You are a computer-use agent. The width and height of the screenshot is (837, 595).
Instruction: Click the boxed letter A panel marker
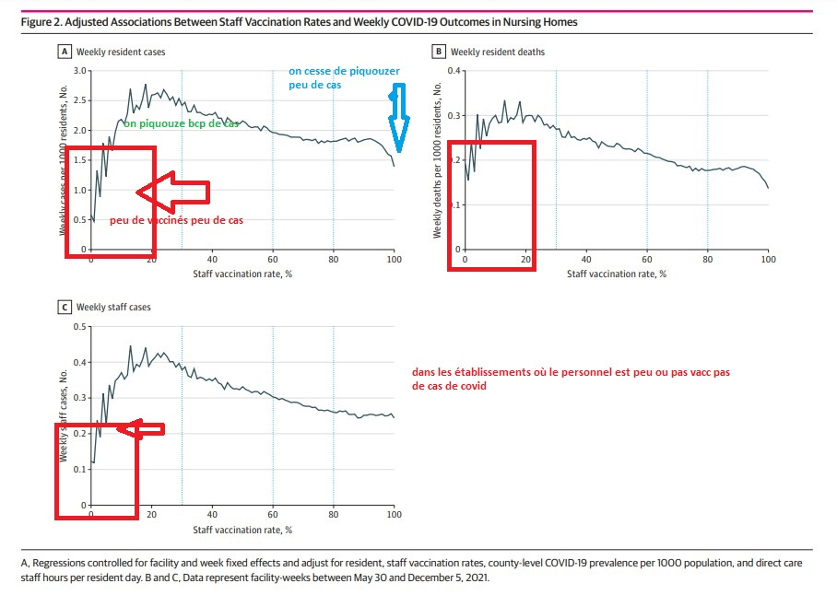65,52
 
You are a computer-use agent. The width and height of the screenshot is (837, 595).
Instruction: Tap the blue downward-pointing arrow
397,120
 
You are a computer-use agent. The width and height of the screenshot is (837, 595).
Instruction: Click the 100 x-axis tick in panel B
767,260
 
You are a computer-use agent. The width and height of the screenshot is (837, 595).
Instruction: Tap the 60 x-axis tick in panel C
273,516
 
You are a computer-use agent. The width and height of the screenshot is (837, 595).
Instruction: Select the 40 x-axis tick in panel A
212,260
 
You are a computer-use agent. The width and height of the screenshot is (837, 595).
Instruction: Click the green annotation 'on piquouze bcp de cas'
181,123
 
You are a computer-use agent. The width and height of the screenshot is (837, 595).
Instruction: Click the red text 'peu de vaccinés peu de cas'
175,220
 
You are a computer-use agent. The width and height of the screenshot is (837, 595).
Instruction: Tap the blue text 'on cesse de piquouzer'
344,70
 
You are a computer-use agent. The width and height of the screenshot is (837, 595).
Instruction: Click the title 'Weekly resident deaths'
497,52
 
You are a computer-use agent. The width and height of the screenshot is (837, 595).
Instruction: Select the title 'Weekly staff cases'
113,308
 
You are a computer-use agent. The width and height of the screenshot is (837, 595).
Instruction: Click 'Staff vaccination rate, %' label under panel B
616,274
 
